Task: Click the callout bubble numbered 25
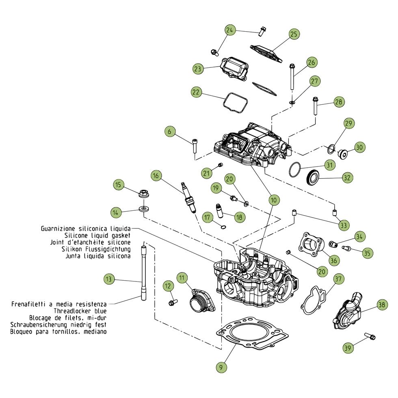294,34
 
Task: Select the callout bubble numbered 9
221,367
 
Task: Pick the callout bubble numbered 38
381,305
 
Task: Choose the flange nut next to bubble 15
143,194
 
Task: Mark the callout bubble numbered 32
347,177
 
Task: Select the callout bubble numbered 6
170,131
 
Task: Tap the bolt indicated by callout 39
370,336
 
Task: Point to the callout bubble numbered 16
156,175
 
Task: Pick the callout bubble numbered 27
314,81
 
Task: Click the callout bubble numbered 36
333,260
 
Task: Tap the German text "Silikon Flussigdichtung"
96,249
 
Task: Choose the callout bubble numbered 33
344,225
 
